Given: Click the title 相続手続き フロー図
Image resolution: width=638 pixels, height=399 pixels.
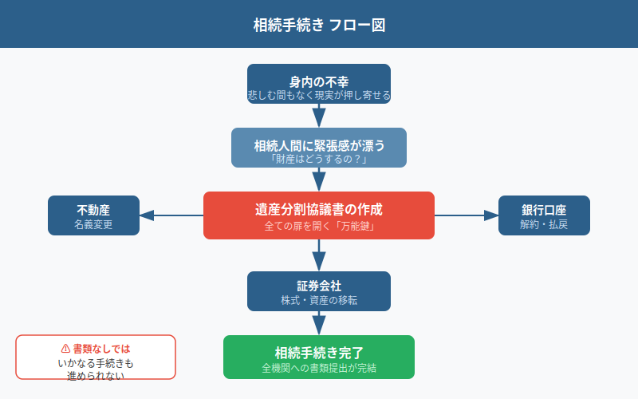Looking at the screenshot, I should [319, 24].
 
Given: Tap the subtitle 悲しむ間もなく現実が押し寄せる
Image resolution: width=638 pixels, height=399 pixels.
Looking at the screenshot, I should [319, 96].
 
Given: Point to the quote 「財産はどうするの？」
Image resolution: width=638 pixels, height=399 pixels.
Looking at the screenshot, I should [319, 160].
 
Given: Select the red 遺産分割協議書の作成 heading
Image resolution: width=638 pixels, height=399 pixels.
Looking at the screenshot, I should [319, 210].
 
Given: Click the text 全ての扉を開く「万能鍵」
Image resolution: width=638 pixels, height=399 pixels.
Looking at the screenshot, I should [319, 226].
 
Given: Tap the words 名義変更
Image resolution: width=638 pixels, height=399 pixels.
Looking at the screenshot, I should [93, 224].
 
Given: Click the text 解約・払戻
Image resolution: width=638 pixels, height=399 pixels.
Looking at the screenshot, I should [544, 224].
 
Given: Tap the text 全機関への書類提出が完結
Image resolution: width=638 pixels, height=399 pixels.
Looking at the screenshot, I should [319, 368].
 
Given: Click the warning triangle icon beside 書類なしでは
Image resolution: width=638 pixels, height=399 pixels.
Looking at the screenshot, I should [65, 349].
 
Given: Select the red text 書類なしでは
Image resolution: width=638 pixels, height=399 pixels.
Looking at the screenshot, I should [101, 349].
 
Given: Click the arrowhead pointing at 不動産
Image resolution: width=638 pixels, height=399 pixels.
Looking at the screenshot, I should [148, 215].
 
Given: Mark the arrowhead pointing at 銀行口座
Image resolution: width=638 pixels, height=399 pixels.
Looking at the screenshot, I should [490, 215].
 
